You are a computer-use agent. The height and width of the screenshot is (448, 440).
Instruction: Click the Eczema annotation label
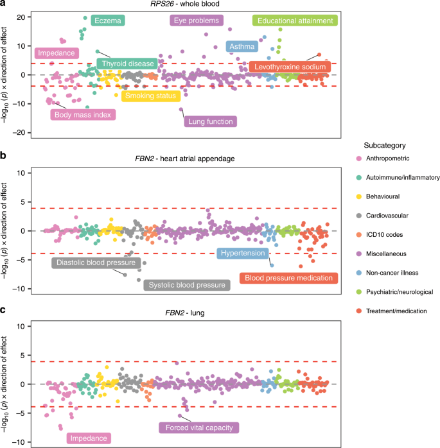tap(107, 21)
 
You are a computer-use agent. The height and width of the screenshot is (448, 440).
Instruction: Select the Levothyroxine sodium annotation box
tap(291, 67)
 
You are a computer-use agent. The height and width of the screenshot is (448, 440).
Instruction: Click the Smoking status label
tap(152, 96)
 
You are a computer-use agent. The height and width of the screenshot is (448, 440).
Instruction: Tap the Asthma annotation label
tap(242, 47)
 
